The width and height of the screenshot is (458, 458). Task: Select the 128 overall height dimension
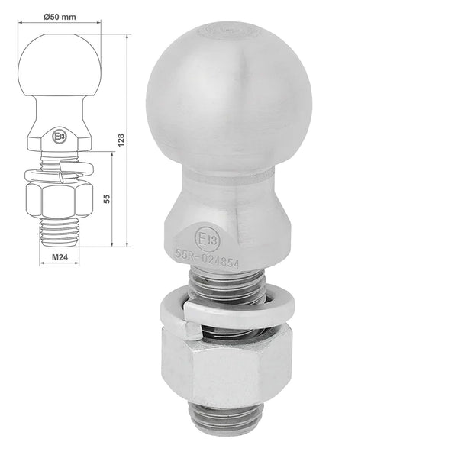tap(121, 140)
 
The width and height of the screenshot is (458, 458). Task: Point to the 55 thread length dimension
tap(107, 198)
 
